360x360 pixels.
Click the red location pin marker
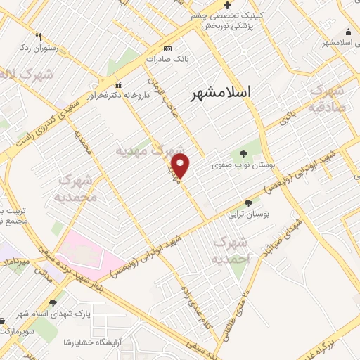(x=181, y=166)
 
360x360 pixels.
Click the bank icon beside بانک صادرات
(x=167, y=49)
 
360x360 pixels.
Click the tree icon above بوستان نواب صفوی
(x=243, y=154)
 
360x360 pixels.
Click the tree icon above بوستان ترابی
(x=248, y=202)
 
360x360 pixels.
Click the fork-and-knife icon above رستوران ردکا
(x=39, y=37)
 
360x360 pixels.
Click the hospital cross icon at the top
(x=227, y=4)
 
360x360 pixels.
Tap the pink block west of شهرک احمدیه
(x=83, y=249)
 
